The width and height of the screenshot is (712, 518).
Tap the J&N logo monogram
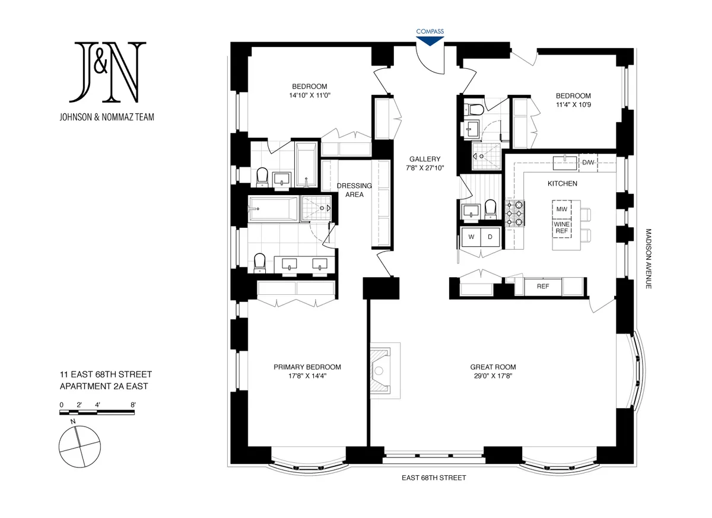click(107, 72)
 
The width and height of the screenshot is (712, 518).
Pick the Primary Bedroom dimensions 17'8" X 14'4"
click(307, 376)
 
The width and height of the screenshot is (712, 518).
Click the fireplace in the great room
click(383, 368)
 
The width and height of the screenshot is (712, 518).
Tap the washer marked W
click(472, 237)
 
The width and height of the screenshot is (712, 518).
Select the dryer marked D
click(490, 237)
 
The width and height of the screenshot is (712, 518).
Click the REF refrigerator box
click(542, 286)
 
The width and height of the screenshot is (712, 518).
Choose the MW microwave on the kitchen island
click(561, 210)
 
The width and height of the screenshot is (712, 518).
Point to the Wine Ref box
click(561, 228)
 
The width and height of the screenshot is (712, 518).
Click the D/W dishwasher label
click(588, 162)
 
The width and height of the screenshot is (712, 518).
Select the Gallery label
click(425, 159)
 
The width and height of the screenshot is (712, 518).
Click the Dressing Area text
click(354, 190)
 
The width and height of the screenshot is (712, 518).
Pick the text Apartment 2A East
click(104, 386)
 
